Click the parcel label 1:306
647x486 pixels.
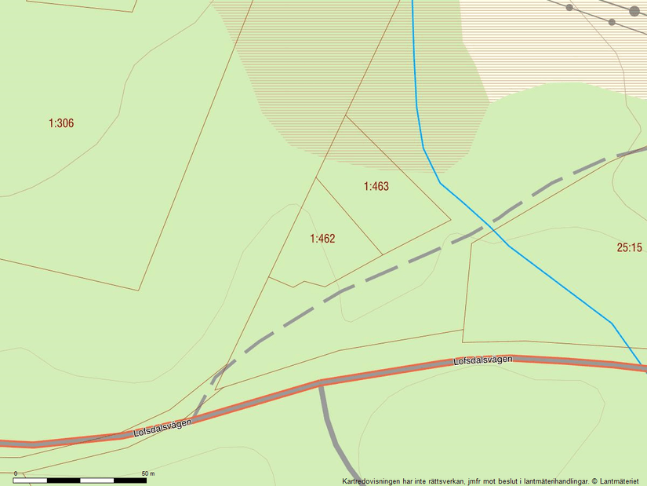(61, 123)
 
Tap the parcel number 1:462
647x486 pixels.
(322, 239)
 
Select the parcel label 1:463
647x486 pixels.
(376, 187)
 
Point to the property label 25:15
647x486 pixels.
(629, 247)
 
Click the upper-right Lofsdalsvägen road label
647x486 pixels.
(482, 360)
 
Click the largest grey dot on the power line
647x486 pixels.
(634, 11)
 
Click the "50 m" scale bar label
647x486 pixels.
(148, 473)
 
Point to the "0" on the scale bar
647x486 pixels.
(15, 473)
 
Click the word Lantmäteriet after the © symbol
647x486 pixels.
(623, 481)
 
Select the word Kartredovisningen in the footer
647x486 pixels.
(369, 481)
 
